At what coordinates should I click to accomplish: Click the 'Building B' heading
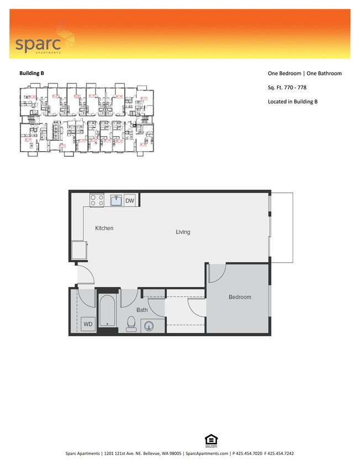point(31,73)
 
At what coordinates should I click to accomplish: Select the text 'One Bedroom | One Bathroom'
point(304,73)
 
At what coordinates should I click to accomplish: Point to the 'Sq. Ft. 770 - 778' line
point(287,87)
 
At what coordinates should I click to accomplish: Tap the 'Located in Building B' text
point(292,102)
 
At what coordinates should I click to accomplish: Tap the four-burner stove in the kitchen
point(97,200)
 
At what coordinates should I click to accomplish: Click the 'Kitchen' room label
point(104,228)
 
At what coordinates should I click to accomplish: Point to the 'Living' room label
point(183,232)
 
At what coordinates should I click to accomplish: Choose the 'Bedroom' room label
point(240,297)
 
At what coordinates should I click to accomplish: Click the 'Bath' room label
point(142,310)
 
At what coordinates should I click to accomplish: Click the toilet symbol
point(131,323)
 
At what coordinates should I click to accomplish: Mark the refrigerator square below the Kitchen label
point(78,251)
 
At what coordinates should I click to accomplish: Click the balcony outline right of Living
point(282,227)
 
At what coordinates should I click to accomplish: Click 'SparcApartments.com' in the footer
point(207,453)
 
